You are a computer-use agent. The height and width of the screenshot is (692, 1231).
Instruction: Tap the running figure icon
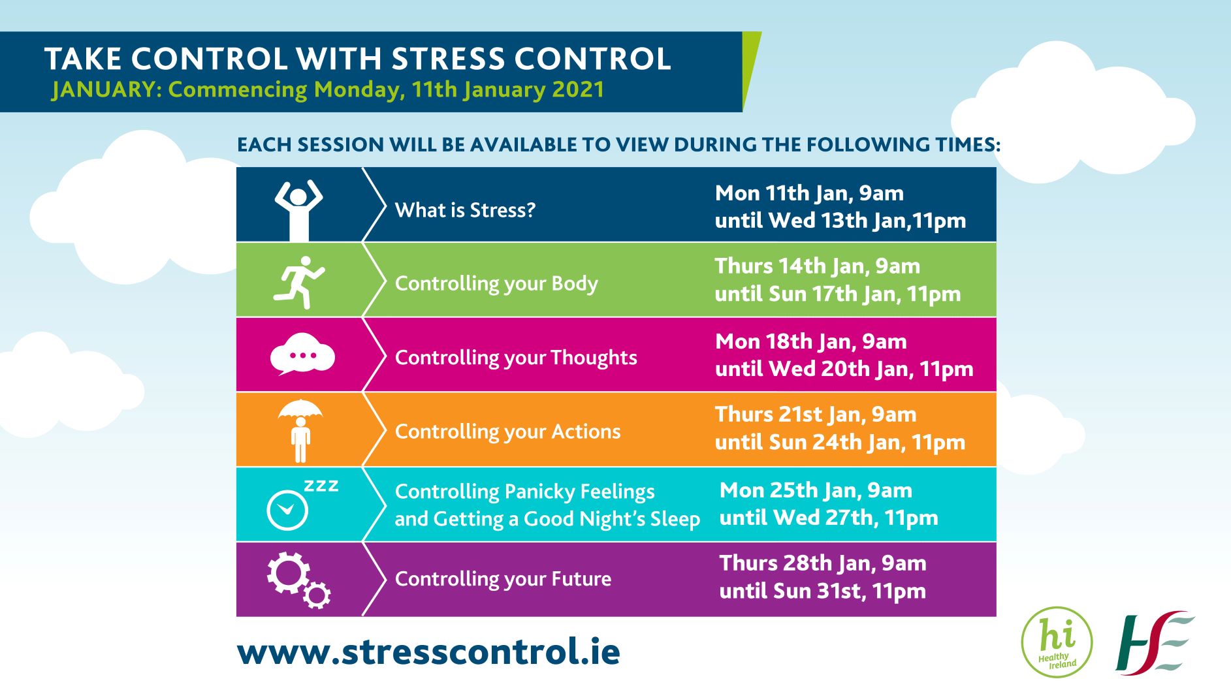(299, 282)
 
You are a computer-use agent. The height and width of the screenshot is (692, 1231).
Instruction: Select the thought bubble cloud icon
(302, 354)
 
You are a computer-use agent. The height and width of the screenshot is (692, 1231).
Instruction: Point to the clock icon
(287, 510)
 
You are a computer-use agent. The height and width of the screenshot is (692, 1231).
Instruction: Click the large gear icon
(288, 573)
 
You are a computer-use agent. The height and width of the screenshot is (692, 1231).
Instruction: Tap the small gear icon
(317, 595)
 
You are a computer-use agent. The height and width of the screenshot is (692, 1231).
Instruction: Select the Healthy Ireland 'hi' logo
(1057, 642)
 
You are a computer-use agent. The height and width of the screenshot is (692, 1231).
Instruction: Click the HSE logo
(1155, 642)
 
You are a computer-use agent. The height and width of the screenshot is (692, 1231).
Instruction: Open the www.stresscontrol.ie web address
(428, 652)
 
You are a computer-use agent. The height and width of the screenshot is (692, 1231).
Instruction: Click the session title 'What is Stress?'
(465, 210)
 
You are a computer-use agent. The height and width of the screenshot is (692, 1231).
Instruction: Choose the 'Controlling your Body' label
(496, 284)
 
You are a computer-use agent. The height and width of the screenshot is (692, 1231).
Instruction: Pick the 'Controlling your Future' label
(503, 579)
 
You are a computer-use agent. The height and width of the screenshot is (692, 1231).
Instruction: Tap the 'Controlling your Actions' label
(507, 432)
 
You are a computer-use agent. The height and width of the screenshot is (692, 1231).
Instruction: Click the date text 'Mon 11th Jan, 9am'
(809, 193)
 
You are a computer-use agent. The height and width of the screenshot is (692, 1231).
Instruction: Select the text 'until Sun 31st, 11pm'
(822, 591)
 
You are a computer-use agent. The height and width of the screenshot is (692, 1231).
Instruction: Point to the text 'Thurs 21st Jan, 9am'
(816, 415)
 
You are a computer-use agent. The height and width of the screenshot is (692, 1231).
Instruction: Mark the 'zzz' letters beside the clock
(321, 486)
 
